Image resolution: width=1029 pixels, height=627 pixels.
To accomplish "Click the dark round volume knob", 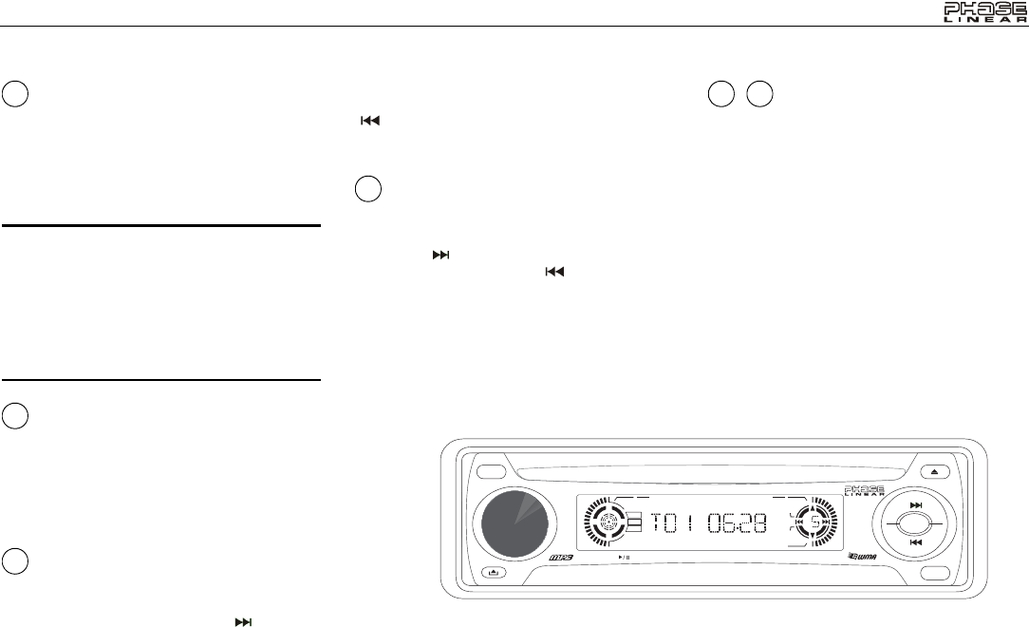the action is (514, 523).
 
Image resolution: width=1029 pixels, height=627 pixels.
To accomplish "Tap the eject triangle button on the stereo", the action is (935, 471).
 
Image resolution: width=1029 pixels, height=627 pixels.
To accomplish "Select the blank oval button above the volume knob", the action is (492, 472).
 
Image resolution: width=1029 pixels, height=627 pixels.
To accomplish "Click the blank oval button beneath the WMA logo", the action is (935, 573).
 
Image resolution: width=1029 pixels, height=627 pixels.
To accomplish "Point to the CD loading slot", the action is (718, 471).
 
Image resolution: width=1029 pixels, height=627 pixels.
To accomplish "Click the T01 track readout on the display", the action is (672, 523).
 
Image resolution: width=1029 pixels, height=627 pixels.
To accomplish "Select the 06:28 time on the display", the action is (737, 523).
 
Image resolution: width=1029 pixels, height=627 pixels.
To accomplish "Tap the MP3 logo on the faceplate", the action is (561, 558).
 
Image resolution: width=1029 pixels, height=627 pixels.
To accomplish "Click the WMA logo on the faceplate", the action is (862, 556).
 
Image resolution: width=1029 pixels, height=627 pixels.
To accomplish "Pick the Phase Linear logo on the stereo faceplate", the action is (864, 491).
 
